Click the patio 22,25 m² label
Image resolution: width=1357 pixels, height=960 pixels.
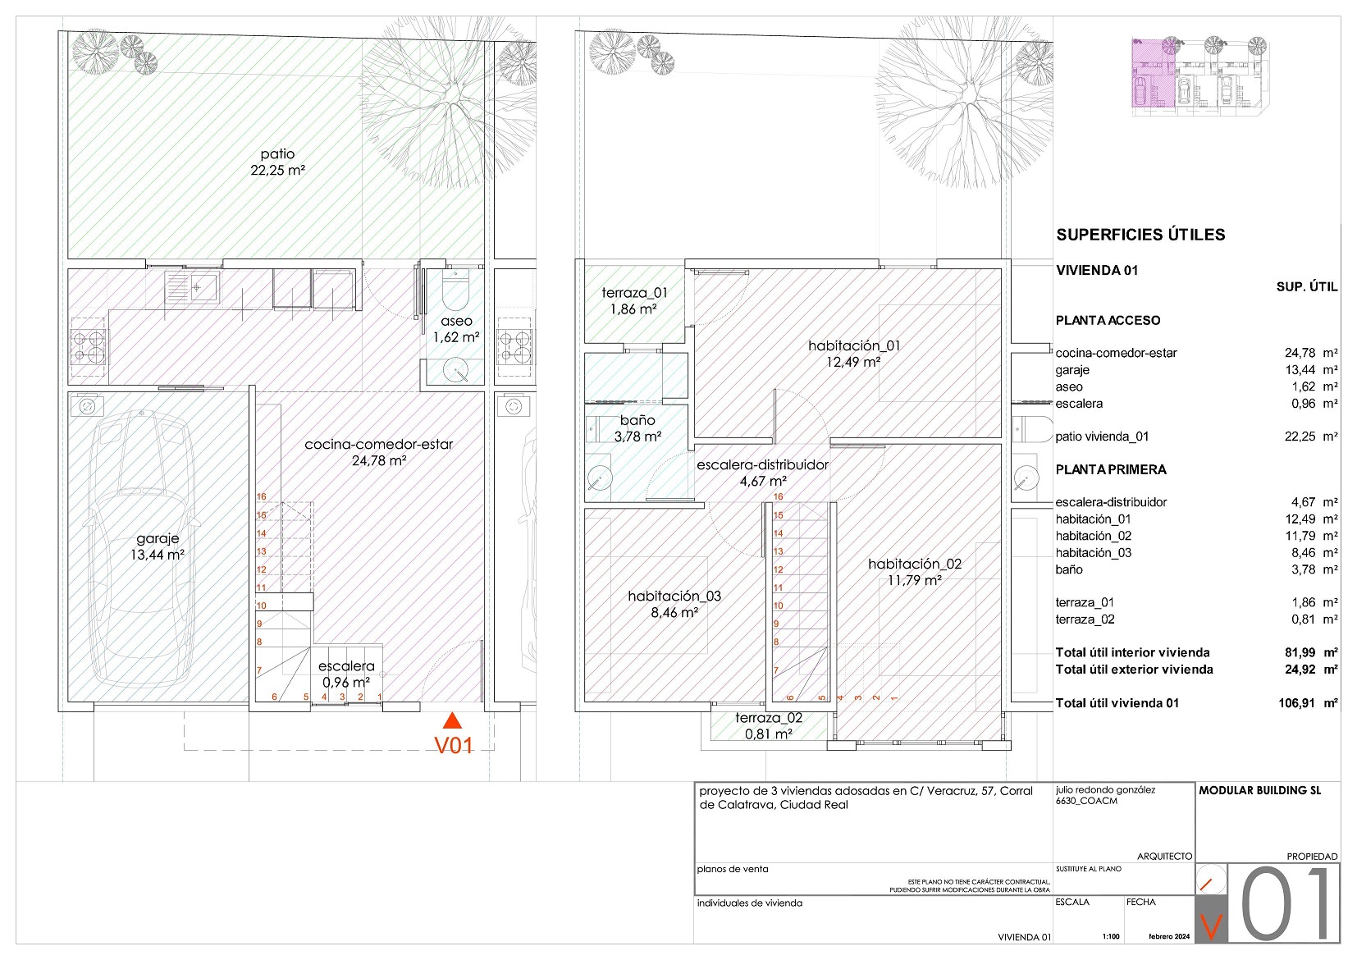277,162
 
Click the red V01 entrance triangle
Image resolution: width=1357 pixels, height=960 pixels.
452,720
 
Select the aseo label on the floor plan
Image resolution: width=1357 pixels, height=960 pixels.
456,321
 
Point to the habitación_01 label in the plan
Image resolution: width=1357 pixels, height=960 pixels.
854,345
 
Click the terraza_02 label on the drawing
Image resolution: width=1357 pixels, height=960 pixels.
769,718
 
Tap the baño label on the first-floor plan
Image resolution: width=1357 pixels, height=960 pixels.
637,420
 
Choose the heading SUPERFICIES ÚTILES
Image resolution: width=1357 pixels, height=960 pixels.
1140,235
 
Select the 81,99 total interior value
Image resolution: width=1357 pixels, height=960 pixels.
1303,652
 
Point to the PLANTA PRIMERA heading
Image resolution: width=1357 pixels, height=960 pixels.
1111,469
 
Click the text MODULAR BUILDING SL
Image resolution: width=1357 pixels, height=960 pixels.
1259,790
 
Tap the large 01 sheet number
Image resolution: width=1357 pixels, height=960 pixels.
1286,903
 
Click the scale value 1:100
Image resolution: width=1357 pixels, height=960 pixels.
1110,936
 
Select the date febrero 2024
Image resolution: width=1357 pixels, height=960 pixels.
1169,936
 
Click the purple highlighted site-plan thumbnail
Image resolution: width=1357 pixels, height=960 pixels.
1154,73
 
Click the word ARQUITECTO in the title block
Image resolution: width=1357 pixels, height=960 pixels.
1164,857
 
